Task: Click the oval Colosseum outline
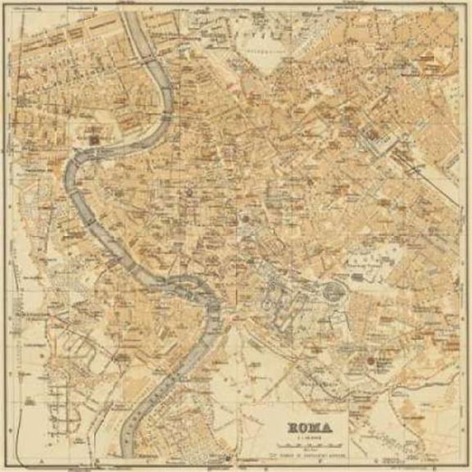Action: tap(333, 290)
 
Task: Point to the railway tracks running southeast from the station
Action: tap(426, 172)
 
